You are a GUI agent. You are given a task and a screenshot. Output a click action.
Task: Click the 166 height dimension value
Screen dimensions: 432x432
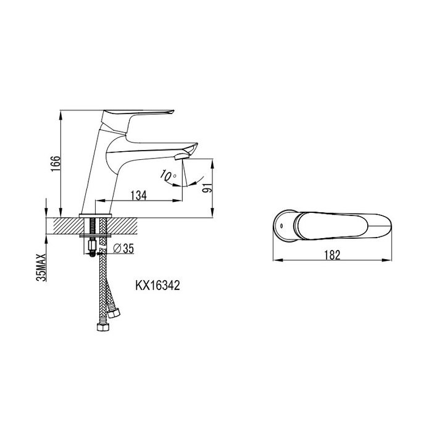click(x=56, y=163)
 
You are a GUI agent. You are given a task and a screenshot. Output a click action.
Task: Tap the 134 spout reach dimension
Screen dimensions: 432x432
click(x=139, y=195)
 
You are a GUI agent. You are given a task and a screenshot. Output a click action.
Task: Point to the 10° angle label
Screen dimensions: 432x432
click(x=168, y=175)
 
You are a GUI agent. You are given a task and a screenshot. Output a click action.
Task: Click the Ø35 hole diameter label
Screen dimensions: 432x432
click(x=123, y=248)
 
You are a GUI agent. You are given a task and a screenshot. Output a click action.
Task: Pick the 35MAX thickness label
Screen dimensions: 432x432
click(x=41, y=267)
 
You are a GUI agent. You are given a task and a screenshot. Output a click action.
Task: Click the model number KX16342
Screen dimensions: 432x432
click(x=157, y=285)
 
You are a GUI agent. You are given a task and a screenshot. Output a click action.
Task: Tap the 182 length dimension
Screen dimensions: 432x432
click(x=332, y=255)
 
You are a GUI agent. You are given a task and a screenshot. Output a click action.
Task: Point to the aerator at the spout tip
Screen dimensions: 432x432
click(x=181, y=157)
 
